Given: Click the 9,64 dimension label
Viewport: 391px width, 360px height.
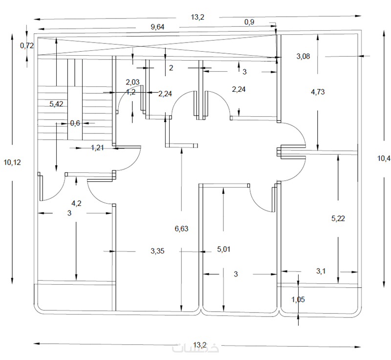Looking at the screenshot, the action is (157, 27).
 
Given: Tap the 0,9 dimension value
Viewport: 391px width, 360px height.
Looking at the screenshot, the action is (249, 22).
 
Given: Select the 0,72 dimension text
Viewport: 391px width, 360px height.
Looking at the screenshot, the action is (27, 45).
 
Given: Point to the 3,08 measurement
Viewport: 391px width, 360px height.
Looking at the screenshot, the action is (303, 56).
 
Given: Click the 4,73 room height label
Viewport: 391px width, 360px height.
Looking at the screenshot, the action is (318, 92).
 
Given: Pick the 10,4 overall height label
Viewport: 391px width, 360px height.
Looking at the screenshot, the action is (384, 158).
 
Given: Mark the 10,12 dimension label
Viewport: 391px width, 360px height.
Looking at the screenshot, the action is (12, 163).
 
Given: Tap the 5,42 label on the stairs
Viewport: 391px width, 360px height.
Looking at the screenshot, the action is (56, 104).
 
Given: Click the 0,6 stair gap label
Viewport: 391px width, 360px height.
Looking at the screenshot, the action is (75, 123).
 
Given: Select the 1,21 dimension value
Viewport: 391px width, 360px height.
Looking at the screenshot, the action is (97, 148).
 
